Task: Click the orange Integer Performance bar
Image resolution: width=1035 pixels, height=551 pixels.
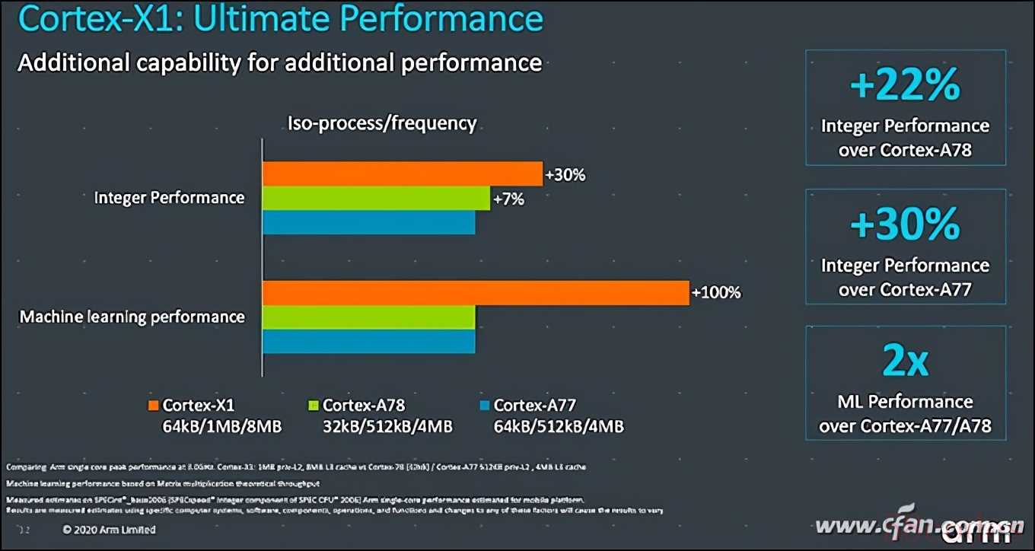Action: click(402, 174)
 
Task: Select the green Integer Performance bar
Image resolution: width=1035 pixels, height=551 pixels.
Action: click(376, 199)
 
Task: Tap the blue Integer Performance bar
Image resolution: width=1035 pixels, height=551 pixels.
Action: click(368, 222)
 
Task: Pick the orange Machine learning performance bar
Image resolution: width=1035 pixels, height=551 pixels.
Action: click(476, 293)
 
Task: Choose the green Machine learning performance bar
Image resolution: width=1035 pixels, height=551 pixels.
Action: click(368, 317)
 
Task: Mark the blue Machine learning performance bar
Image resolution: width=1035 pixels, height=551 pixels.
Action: click(368, 341)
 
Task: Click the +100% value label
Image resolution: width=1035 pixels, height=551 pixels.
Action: click(715, 292)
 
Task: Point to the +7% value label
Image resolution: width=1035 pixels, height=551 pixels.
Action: click(508, 199)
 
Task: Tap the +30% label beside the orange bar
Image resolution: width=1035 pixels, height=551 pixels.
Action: click(565, 175)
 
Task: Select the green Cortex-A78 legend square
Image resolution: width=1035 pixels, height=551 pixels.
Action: click(313, 405)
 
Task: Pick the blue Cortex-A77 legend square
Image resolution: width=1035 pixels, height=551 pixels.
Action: click(483, 405)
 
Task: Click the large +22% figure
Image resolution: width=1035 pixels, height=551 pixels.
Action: click(905, 86)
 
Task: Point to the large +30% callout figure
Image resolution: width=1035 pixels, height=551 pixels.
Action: click(905, 225)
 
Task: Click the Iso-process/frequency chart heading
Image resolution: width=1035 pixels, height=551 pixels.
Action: click(381, 123)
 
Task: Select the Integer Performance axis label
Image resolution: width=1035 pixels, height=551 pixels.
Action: click(169, 198)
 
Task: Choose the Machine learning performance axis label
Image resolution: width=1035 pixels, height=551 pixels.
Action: click(132, 317)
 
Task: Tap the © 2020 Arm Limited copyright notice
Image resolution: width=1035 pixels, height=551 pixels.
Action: click(109, 530)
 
